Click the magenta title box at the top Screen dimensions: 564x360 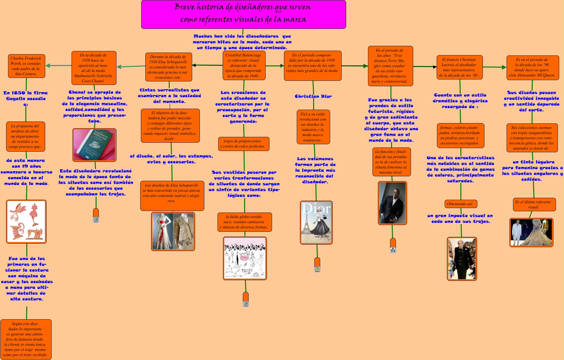pos(244,14)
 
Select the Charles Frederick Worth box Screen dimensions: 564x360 pos(27,66)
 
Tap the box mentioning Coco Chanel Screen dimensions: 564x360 pos(94,68)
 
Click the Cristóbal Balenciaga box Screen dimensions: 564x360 pos(244,65)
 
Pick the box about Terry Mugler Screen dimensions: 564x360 pos(390,66)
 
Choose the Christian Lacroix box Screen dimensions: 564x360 pos(459,67)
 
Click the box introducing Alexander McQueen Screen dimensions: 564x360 pos(533,68)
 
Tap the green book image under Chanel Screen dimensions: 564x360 pos(94,145)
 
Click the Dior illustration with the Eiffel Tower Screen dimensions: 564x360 pos(316,222)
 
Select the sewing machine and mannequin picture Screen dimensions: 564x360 pos(26,222)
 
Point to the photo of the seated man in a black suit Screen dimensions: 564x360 pos(392,203)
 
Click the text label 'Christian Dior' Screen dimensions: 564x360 pos(313,96)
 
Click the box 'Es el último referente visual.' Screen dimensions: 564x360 pos(534,205)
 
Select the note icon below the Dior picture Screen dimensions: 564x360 pos(317,269)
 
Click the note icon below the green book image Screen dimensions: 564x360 pos(96,219)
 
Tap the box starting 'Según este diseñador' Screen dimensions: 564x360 pos(26,339)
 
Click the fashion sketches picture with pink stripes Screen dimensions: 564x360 pos(245,258)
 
